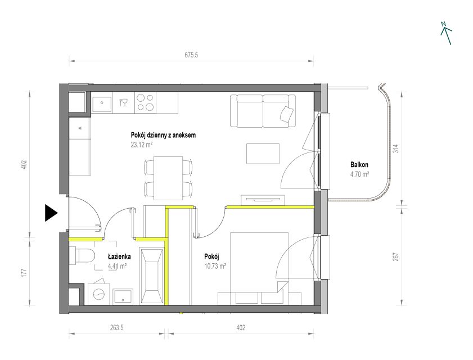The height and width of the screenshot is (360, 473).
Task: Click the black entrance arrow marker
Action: [51, 213]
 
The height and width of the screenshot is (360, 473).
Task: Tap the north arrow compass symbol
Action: [446, 33]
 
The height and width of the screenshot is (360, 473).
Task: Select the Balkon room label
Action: [359, 165]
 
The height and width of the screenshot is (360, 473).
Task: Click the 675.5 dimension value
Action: [191, 55]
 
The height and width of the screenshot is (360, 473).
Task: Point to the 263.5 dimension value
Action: [117, 327]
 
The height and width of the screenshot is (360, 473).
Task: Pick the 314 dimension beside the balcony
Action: [397, 148]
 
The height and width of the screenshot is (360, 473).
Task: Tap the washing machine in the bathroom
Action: [99, 292]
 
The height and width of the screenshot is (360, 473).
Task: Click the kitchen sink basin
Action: [102, 102]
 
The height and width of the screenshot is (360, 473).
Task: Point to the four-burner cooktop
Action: [146, 102]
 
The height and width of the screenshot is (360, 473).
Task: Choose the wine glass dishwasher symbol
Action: [123, 102]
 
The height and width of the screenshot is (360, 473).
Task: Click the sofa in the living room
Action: [263, 111]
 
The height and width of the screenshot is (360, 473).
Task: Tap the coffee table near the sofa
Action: [263, 154]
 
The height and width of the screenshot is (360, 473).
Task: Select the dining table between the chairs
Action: [168, 178]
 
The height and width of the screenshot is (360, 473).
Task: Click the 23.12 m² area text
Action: [142, 145]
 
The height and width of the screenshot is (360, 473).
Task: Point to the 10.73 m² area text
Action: [215, 266]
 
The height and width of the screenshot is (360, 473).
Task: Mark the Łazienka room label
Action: [119, 256]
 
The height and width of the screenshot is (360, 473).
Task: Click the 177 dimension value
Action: [24, 272]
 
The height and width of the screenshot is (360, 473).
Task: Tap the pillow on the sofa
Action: [287, 114]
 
